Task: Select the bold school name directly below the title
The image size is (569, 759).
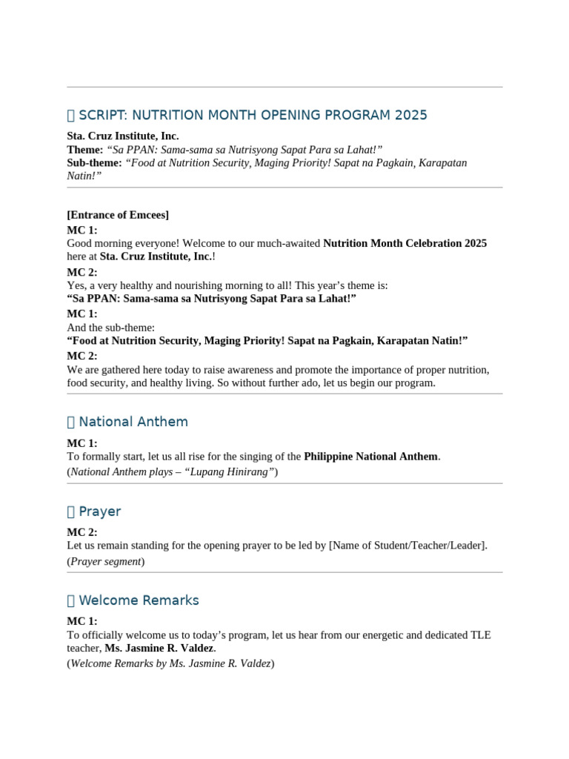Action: pos(122,136)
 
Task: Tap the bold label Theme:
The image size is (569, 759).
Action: pos(85,150)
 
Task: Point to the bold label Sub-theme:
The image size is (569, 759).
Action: pos(94,163)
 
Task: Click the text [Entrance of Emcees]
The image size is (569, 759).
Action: pos(118,215)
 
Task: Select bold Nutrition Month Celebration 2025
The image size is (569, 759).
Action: pos(405,243)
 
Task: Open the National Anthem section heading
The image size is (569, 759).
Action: pos(133,422)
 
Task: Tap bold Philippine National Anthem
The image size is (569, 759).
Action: pos(370,457)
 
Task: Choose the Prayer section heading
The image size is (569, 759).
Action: pos(99,511)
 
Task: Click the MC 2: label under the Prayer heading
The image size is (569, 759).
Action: pos(82,532)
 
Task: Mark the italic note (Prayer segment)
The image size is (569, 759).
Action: pos(106,561)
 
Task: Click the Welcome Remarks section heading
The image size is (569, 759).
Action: pos(139,600)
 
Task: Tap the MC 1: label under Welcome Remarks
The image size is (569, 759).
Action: pos(82,621)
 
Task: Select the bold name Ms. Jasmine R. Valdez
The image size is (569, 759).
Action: pos(159,648)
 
